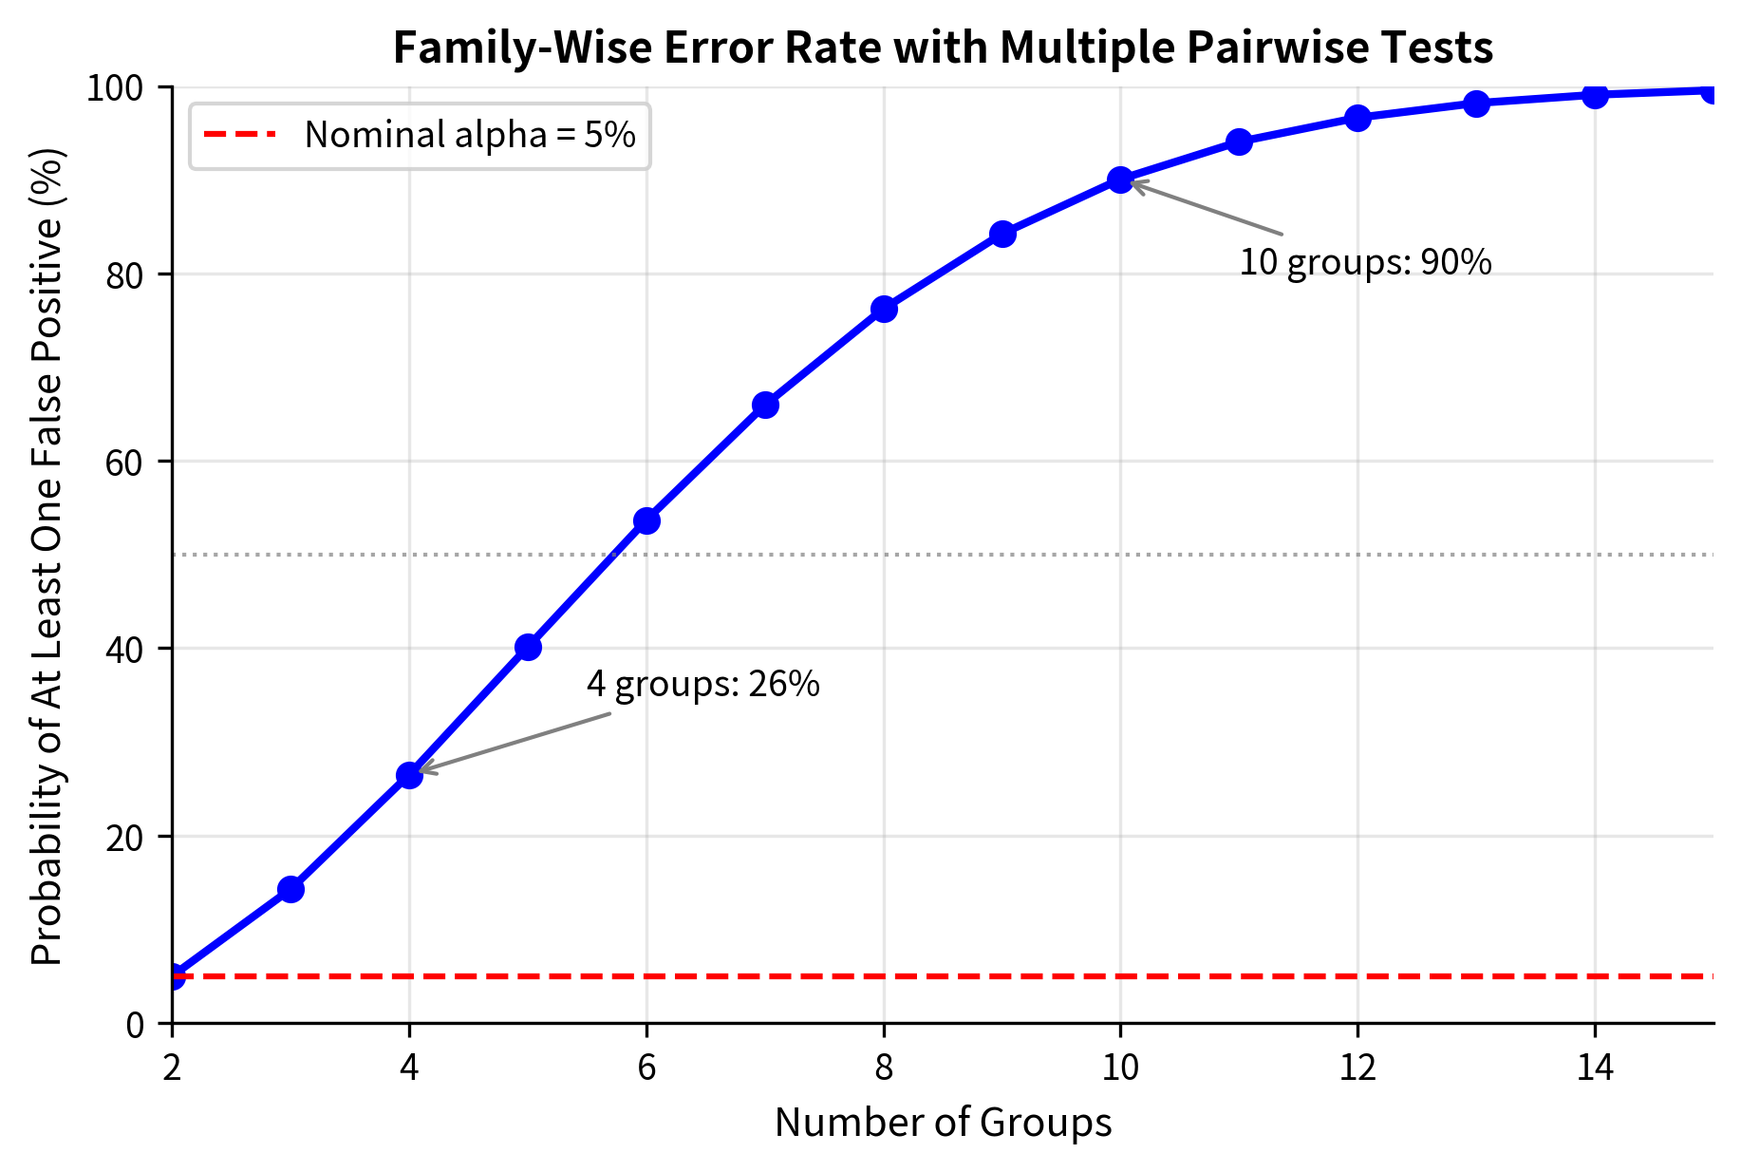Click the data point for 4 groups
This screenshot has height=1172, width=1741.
click(409, 775)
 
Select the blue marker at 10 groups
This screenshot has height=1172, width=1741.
click(1120, 180)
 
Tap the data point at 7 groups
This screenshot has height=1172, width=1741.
click(765, 405)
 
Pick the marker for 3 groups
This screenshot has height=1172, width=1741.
click(290, 889)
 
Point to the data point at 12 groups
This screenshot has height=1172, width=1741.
click(1357, 118)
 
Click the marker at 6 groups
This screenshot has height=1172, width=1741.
click(646, 520)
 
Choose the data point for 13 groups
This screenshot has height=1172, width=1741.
click(1476, 104)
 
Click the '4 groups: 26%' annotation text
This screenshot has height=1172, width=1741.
click(702, 684)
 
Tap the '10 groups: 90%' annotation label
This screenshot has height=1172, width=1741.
click(1365, 262)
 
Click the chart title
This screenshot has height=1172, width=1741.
click(943, 47)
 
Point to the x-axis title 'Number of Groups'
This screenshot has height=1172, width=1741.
click(943, 1123)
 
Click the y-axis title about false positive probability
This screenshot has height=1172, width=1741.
click(47, 556)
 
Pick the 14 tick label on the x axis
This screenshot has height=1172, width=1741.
click(1595, 1069)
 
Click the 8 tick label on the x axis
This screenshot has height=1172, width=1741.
click(884, 1069)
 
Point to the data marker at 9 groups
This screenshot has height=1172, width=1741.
click(1002, 234)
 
